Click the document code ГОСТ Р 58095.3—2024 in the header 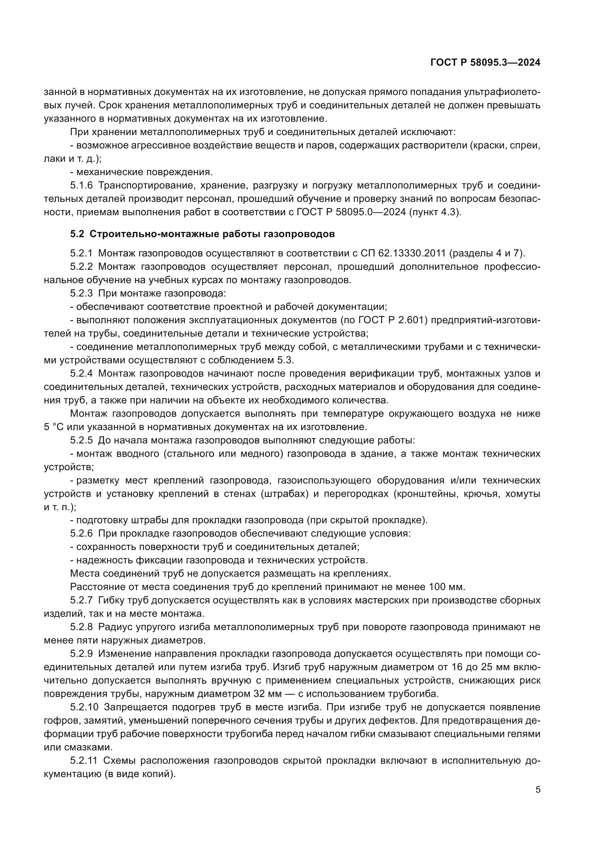pyautogui.click(x=485, y=63)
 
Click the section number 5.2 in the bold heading pyautogui.click(x=77, y=234)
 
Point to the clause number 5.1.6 pyautogui.click(x=81, y=185)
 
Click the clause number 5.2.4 pyautogui.click(x=81, y=374)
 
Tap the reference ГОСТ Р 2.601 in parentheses pyautogui.click(x=384, y=320)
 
